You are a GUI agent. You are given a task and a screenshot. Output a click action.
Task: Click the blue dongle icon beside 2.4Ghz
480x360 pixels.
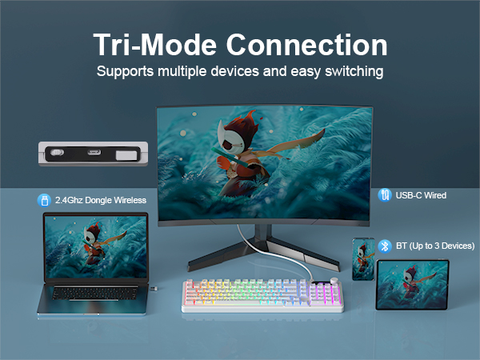tap(44, 199)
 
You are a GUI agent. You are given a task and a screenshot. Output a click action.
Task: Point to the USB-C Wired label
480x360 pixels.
tap(422, 194)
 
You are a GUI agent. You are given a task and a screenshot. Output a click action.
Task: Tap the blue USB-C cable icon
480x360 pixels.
tap(386, 194)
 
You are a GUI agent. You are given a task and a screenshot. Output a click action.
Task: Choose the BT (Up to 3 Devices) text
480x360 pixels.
tap(435, 246)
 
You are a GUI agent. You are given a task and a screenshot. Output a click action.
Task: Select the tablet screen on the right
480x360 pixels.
tap(412, 283)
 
